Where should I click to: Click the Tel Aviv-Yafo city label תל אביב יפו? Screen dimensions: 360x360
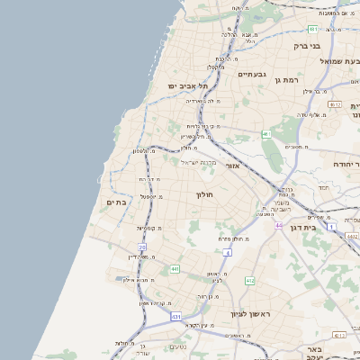[x=187, y=86]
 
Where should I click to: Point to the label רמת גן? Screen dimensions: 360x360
[x=286, y=80]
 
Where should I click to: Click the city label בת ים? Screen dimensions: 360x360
[x=116, y=202]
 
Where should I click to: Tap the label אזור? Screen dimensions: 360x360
[x=231, y=165]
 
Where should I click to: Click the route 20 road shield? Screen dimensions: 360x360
[x=142, y=247]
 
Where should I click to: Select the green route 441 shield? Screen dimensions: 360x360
[x=174, y=268]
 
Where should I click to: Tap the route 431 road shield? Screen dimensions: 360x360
[x=176, y=318]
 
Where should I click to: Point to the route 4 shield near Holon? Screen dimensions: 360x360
[x=228, y=253]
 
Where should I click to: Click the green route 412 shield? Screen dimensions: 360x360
[x=250, y=281]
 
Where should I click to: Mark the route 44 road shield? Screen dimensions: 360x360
[x=279, y=225]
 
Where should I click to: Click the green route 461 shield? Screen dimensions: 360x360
[x=266, y=135]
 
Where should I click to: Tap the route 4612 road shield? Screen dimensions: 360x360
[x=335, y=105]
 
